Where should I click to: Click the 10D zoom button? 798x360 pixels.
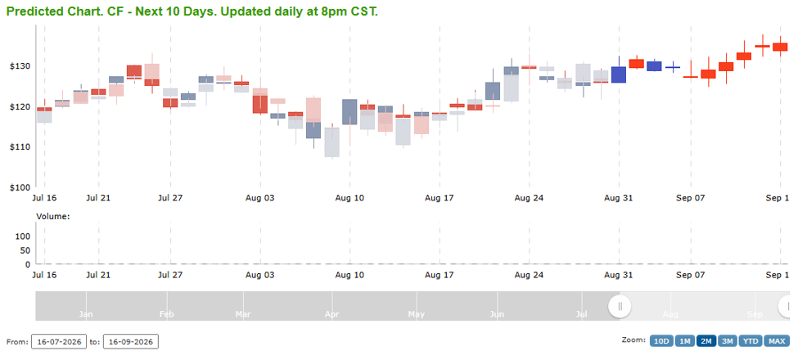660,341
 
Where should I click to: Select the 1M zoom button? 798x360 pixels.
684,341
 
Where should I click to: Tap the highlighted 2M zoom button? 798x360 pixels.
706,341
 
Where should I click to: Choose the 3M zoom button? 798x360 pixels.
728,341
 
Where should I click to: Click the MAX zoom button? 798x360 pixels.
777,341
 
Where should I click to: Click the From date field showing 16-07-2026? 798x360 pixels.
59,342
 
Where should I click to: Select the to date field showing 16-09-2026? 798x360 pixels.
131,342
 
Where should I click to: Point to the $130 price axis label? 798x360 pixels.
20,66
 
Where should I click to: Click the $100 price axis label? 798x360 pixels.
20,187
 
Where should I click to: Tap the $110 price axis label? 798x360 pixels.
20,147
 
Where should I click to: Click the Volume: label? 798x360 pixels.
53,217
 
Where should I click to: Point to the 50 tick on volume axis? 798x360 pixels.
25,250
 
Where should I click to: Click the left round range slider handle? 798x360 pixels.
620,306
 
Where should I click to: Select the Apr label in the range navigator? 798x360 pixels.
331,315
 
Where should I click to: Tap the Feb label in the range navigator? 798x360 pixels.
166,315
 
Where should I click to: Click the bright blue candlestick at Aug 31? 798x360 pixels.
619,74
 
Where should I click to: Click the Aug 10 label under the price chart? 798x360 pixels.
349,198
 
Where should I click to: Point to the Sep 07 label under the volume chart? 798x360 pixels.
691,275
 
